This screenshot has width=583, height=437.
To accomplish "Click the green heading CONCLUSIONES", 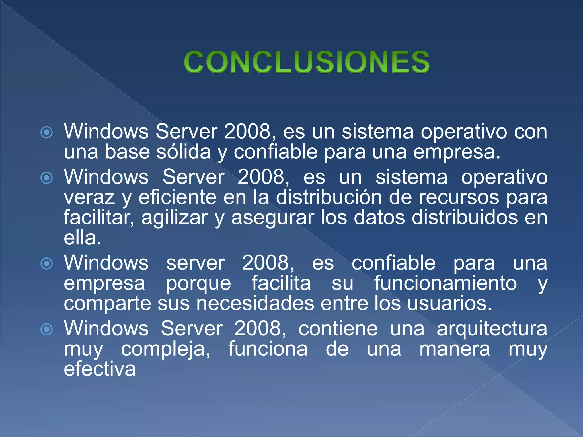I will pyautogui.click(x=307, y=62).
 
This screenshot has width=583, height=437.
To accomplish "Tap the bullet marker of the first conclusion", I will pyautogui.click(x=47, y=132).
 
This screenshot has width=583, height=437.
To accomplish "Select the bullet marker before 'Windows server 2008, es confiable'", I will pyautogui.click(x=47, y=264).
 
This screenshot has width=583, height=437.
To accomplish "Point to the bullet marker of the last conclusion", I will pyautogui.click(x=47, y=329).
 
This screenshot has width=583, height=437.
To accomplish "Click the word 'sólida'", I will pyautogui.click(x=184, y=152).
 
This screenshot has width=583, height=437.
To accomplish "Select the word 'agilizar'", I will pyautogui.click(x=175, y=218).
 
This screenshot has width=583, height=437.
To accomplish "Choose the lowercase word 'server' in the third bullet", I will pyautogui.click(x=196, y=263).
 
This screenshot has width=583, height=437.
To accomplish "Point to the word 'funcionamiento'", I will pyautogui.click(x=446, y=283).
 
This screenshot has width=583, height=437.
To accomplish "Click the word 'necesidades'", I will pyautogui.click(x=255, y=303).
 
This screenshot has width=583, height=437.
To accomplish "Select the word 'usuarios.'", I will pyautogui.click(x=449, y=303).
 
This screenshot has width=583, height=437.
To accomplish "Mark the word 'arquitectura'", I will pyautogui.click(x=492, y=329).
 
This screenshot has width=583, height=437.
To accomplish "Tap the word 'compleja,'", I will pyautogui.click(x=166, y=349).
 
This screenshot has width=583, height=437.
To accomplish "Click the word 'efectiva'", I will pyautogui.click(x=100, y=369).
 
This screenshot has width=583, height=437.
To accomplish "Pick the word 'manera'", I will pyautogui.click(x=455, y=349).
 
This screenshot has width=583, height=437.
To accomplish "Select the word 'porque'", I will pyautogui.click(x=198, y=284).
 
